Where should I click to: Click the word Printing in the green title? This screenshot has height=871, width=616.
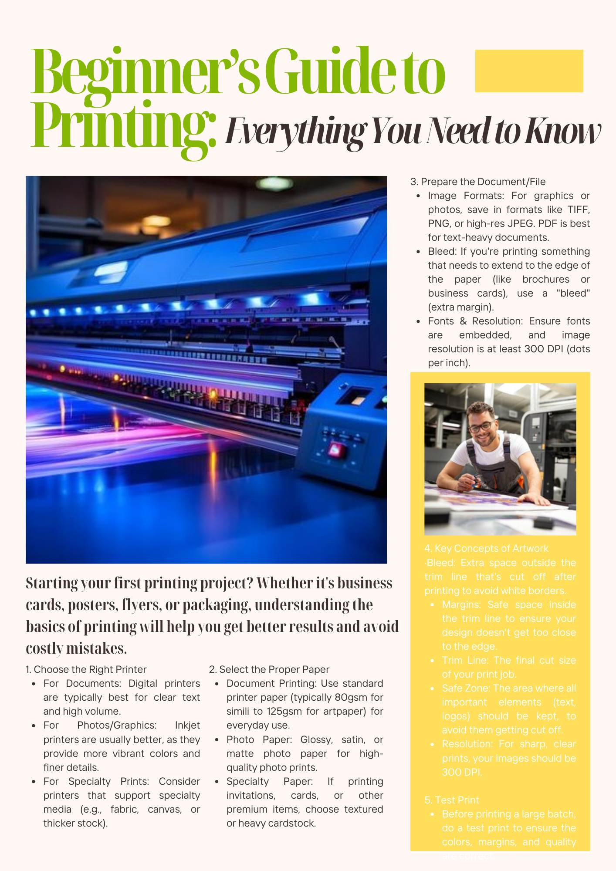coord(123,126)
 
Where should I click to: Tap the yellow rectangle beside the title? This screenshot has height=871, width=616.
coord(529,71)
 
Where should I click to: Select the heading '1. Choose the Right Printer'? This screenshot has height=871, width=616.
coord(90,669)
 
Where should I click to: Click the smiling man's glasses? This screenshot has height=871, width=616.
coord(481,426)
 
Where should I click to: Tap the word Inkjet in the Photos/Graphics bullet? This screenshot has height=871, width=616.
coord(187,725)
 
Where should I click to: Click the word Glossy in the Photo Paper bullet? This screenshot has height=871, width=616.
coord(317,739)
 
